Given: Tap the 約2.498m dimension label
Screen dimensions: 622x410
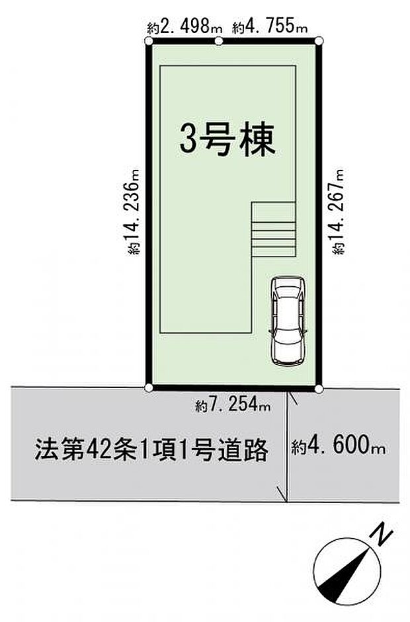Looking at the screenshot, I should [177, 28].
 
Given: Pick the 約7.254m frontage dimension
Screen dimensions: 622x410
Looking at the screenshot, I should [233, 407].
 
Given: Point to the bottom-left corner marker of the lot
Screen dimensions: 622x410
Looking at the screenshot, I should [149, 388].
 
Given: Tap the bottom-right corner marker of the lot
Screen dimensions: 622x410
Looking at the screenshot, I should [319, 389].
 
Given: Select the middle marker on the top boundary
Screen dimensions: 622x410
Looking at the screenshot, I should [220, 42].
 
